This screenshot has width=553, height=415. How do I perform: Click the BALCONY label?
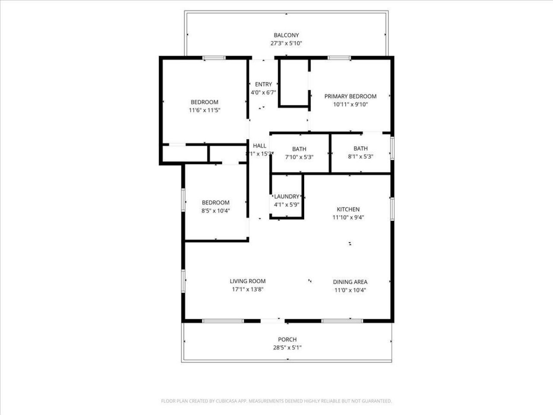click(x=286, y=35)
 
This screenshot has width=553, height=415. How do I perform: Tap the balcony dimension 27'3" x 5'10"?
click(x=286, y=43)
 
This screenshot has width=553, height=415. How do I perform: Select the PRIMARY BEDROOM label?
click(x=350, y=96)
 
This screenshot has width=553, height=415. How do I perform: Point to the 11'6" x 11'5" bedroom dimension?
click(x=204, y=110)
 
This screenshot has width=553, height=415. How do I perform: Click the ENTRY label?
click(x=263, y=84)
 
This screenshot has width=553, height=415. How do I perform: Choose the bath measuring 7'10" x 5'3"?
click(x=299, y=153)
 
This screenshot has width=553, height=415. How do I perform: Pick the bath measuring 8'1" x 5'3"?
click(x=360, y=153)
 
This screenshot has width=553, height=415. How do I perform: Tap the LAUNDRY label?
click(x=286, y=196)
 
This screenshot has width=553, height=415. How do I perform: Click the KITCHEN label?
click(x=348, y=209)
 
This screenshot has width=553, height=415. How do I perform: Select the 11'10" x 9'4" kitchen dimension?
click(x=348, y=217)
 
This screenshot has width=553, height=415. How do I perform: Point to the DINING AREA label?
click(x=350, y=282)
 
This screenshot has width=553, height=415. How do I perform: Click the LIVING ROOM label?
click(x=248, y=281)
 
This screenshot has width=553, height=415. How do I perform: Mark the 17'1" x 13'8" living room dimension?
click(x=248, y=290)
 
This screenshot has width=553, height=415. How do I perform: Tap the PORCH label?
click(x=287, y=339)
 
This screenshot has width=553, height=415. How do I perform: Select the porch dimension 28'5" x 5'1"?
click(x=287, y=348)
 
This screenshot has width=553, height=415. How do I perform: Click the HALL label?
click(x=260, y=146)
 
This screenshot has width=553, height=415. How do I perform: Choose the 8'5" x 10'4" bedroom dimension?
click(x=216, y=211)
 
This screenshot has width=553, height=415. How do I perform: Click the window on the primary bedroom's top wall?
click(x=339, y=57)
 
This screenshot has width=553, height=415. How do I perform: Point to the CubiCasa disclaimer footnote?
click(x=276, y=401)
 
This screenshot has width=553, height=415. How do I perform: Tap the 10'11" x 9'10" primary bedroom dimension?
click(x=350, y=105)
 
